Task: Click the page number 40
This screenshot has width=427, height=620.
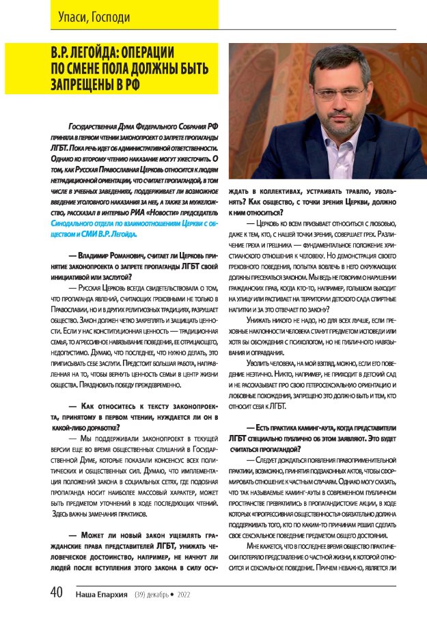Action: click(57, 593)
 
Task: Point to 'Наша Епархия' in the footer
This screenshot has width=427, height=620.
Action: click(102, 594)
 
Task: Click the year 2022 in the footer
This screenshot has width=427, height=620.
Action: click(183, 595)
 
